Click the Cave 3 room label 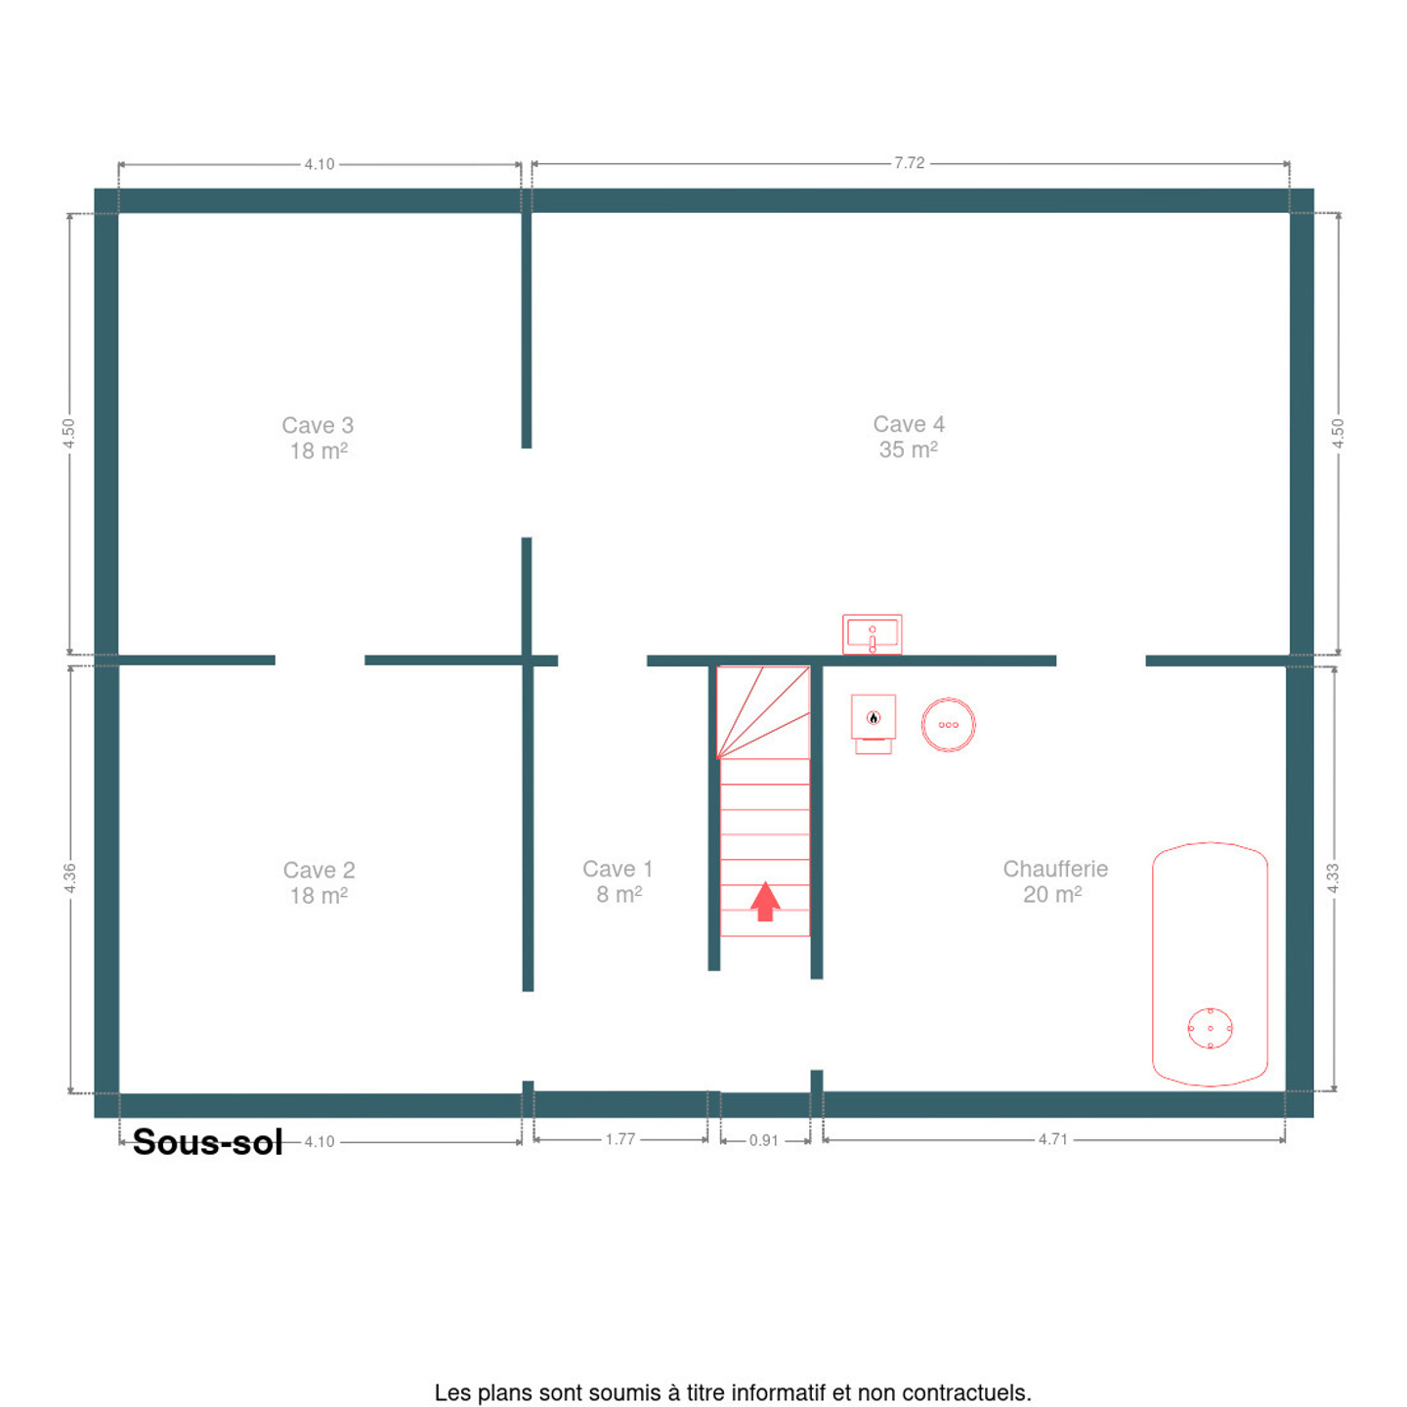[x=318, y=438]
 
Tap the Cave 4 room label [x=909, y=436]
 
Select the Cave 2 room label [x=320, y=882]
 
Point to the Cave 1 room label [x=618, y=880]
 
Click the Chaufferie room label [x=1054, y=880]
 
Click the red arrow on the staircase [x=764, y=901]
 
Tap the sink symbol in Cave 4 [x=872, y=634]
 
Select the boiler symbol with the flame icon [x=873, y=724]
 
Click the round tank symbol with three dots [x=948, y=724]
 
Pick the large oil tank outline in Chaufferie [x=1152, y=963]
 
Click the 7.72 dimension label [x=909, y=163]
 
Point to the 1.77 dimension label [x=619, y=1139]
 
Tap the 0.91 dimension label [x=764, y=1140]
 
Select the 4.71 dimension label [x=1053, y=1139]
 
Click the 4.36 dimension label [x=69, y=877]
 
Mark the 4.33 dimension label [x=1333, y=877]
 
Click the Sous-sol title [x=207, y=1142]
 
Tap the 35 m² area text [x=908, y=449]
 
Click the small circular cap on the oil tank [x=1210, y=1028]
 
